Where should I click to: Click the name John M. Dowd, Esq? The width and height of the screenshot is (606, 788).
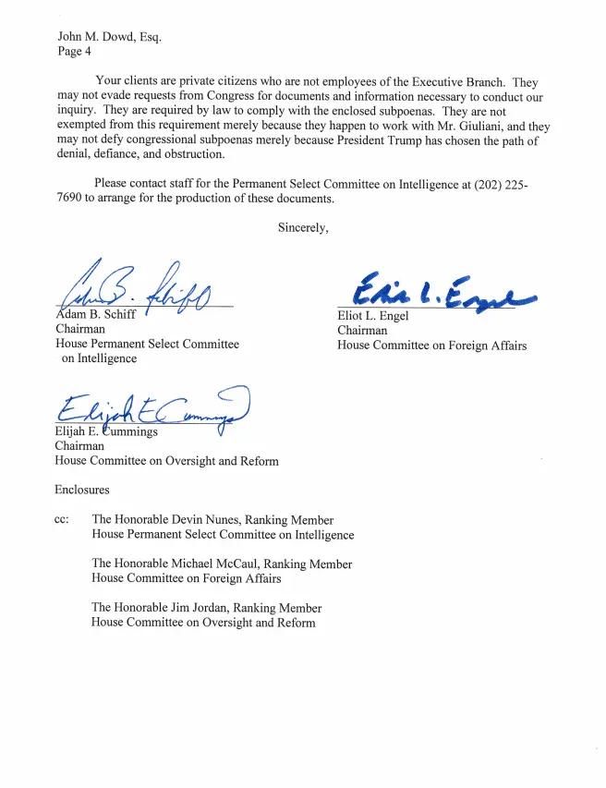[109, 38]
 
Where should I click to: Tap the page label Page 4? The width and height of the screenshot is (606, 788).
[74, 52]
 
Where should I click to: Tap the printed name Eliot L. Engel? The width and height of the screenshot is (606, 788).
[373, 316]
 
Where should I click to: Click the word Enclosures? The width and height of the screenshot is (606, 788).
[82, 490]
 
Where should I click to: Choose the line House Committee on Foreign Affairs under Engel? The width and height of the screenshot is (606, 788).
[431, 346]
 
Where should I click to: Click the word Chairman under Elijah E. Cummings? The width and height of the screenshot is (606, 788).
[79, 445]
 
